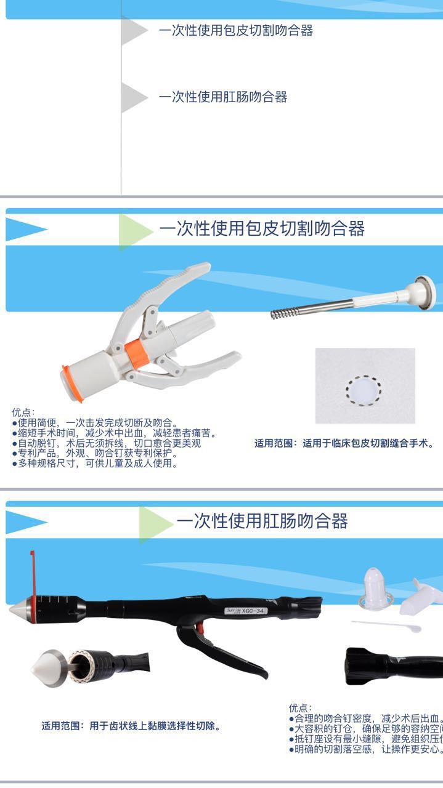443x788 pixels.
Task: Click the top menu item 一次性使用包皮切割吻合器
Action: (x=235, y=30)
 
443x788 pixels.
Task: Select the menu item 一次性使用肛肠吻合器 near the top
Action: (x=222, y=97)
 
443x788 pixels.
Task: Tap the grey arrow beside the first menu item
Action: (x=133, y=31)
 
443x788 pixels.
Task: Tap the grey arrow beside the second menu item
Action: (x=133, y=97)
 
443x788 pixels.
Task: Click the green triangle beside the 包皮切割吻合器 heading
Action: (x=134, y=230)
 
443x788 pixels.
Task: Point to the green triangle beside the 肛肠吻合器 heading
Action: (x=153, y=523)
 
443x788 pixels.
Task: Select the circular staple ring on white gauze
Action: (x=364, y=388)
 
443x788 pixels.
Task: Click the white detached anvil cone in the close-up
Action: (x=48, y=668)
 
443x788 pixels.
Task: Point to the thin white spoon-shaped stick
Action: (x=388, y=625)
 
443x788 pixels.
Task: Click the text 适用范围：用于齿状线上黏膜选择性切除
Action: (x=131, y=726)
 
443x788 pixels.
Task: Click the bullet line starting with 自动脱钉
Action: (x=106, y=443)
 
